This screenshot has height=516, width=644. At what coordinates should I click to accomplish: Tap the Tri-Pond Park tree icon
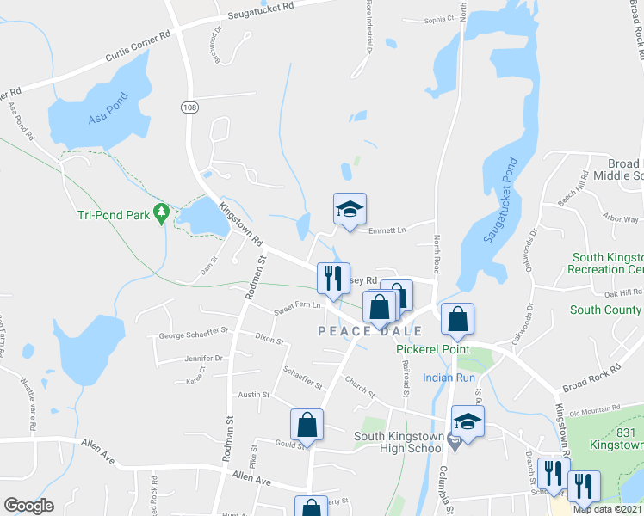click(160, 212)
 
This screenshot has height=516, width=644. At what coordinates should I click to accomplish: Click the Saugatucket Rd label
click(260, 10)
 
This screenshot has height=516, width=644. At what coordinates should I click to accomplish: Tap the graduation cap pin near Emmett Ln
click(350, 209)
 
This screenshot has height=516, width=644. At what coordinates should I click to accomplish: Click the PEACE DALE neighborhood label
click(370, 331)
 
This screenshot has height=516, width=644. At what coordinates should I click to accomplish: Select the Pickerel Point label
click(432, 349)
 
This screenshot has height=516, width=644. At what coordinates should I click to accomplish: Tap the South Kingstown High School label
click(399, 443)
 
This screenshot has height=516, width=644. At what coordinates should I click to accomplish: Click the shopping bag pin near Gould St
click(307, 425)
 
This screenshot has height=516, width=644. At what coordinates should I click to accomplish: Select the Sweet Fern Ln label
click(296, 305)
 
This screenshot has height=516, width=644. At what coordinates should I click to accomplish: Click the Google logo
click(28, 505)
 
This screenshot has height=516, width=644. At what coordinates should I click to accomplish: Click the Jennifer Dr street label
click(203, 358)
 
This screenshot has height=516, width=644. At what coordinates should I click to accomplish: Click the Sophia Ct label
click(438, 19)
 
